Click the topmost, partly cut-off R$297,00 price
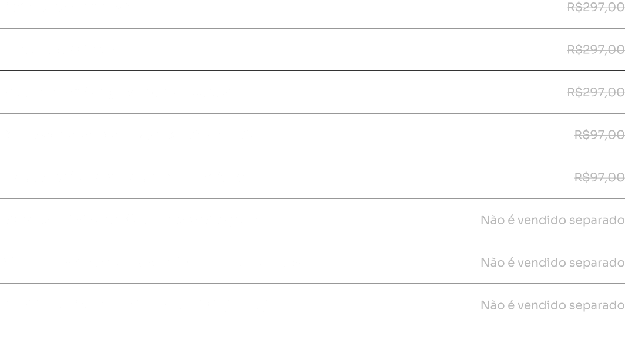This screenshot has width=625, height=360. (596, 7)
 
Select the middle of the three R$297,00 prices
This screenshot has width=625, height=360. (596, 49)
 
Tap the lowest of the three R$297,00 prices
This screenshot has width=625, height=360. (596, 92)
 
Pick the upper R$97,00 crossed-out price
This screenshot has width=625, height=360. (600, 134)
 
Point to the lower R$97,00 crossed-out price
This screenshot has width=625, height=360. (600, 177)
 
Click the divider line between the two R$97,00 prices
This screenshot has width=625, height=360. (312, 156)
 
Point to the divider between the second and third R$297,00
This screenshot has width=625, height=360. (312, 70)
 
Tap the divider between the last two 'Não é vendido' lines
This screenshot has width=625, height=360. (312, 284)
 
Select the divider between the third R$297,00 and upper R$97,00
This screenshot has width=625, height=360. (312, 113)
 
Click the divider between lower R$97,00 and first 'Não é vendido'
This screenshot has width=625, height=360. (312, 198)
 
